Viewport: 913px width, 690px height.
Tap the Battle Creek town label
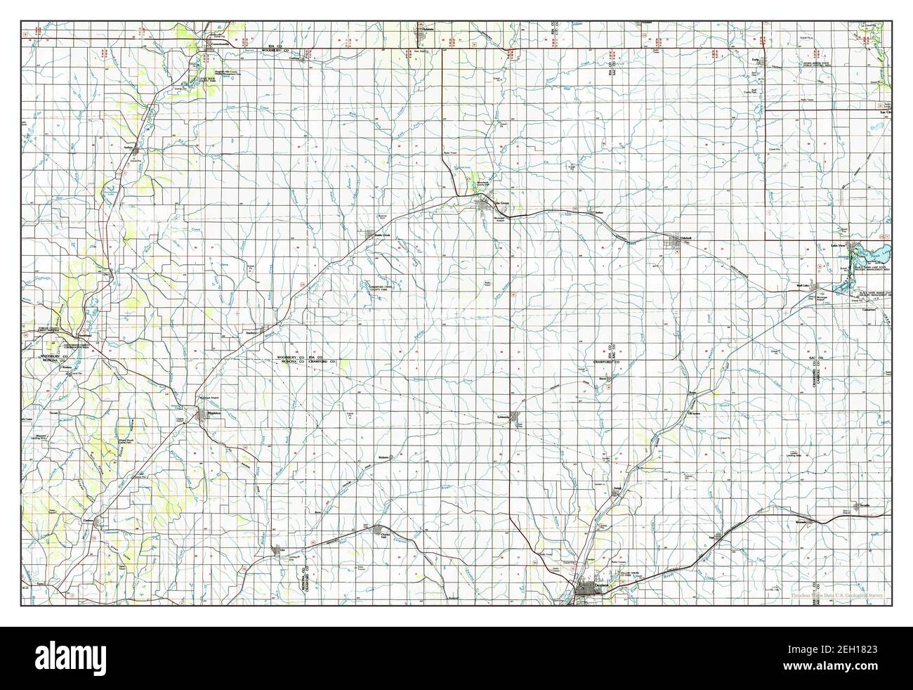tap(381, 234)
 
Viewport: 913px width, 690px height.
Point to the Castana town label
tap(89, 519)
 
